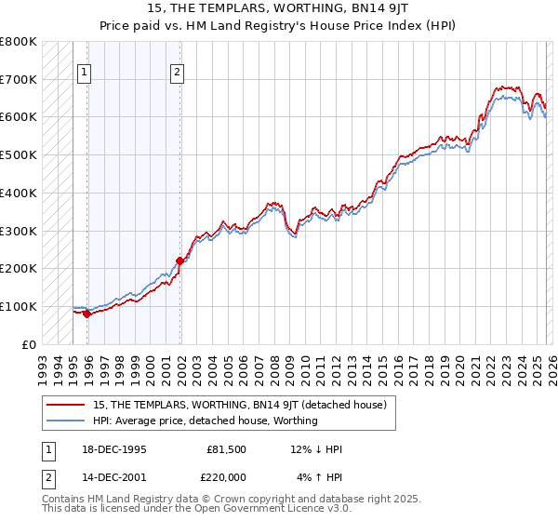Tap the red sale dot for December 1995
point(87,314)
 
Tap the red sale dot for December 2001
point(179,260)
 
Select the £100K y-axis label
point(19,306)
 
